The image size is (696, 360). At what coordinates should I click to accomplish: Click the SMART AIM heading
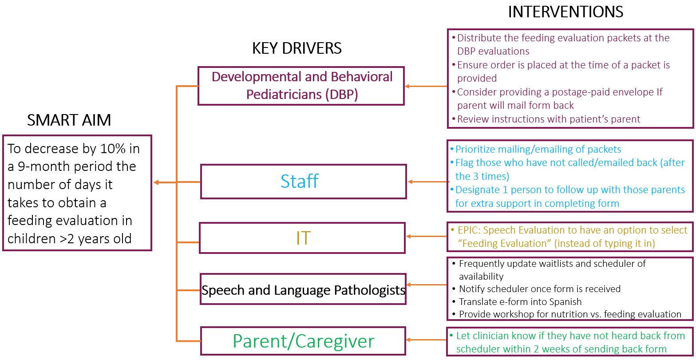[69, 120]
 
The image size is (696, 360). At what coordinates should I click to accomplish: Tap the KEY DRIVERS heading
[297, 48]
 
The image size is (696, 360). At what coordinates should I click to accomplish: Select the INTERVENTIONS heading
[565, 12]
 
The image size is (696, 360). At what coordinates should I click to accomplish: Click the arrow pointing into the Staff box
[428, 182]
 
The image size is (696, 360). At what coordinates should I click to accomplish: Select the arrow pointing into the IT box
[427, 237]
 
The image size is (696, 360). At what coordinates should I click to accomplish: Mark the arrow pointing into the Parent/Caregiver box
[426, 340]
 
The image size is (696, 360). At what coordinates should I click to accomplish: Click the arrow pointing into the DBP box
[426, 87]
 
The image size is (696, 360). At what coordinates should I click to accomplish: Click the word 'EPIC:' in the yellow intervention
[469, 230]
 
